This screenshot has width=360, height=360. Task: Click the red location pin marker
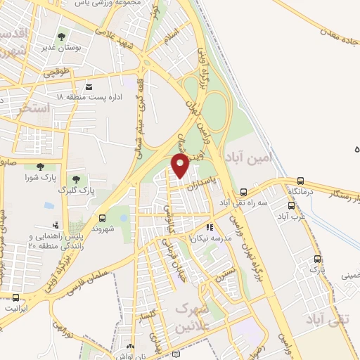click(x=181, y=165)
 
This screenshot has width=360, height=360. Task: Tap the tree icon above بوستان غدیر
click(x=62, y=37)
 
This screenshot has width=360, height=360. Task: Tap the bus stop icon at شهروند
click(x=103, y=218)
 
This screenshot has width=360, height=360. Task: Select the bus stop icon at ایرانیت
click(x=15, y=297)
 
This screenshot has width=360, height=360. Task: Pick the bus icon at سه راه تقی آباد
click(x=243, y=191)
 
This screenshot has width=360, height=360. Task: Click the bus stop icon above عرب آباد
click(x=292, y=205)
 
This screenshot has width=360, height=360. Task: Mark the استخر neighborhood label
click(x=33, y=108)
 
